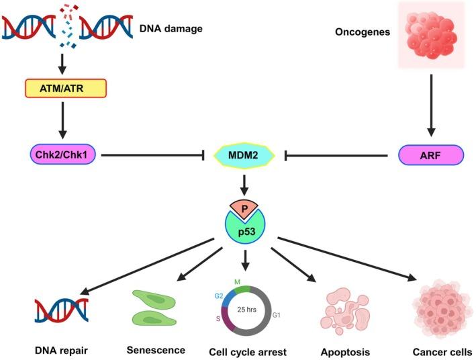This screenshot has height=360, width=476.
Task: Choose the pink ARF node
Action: pos(431,155)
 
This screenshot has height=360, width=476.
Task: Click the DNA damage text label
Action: pos(171,29)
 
